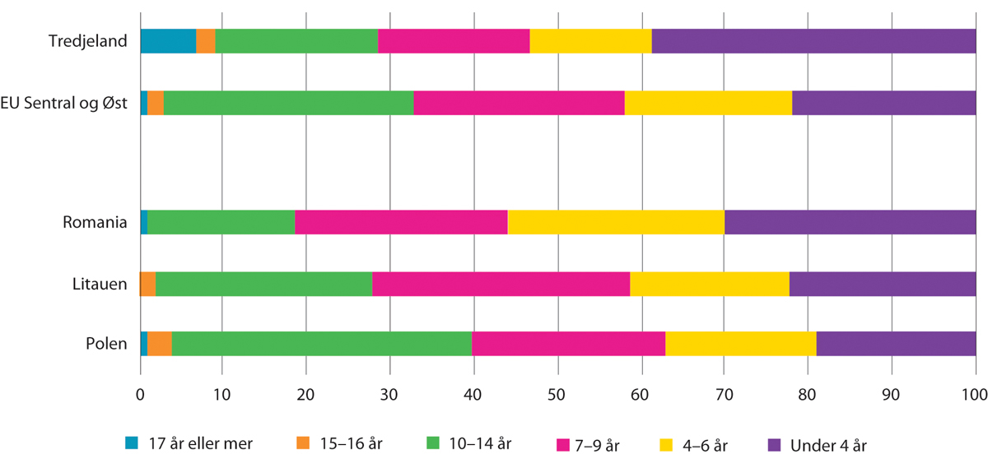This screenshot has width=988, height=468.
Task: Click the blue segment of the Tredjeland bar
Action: pos(168,39)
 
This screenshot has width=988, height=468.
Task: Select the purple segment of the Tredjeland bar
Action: pos(813,39)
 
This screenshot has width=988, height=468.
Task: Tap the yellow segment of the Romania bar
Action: pos(616,222)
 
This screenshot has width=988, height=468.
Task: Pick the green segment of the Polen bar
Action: pos(322,344)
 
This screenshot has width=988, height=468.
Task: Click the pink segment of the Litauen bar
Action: pos(501,284)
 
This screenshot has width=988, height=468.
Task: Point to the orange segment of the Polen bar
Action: pos(160,344)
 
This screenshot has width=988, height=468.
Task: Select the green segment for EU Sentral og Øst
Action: pos(288,102)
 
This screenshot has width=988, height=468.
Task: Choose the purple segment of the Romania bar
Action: pos(850,222)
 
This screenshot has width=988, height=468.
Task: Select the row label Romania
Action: pos(96,222)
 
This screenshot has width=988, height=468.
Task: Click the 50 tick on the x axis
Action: pos(557,395)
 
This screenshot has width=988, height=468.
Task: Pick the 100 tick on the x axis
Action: pos(975,395)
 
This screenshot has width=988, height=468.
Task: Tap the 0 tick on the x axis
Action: pos(140,395)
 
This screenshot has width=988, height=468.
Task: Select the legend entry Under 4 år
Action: pos(828,445)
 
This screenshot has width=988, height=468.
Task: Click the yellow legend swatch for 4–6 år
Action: pos(668,445)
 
